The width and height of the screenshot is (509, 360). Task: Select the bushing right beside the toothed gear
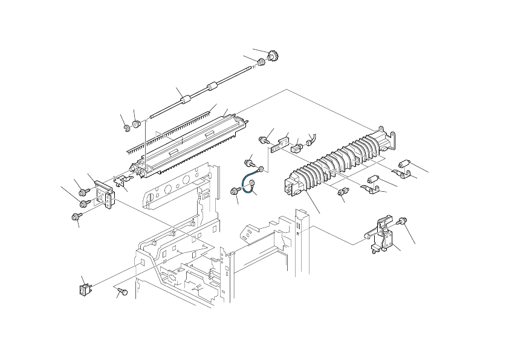(x=261, y=62)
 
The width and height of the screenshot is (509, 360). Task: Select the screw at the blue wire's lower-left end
(x=235, y=191)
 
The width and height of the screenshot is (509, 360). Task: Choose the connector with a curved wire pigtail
(x=311, y=143)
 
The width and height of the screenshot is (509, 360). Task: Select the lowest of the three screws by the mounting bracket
(x=77, y=215)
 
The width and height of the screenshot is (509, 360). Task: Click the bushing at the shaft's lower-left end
(x=136, y=124)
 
